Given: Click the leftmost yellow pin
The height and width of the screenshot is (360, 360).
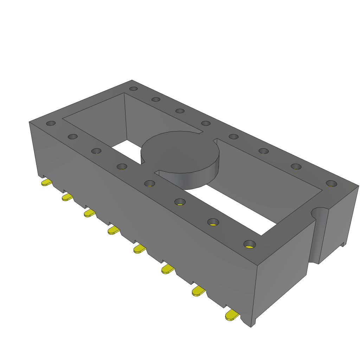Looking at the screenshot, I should [46, 182].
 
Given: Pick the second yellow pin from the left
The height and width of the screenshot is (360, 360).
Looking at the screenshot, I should [67, 197].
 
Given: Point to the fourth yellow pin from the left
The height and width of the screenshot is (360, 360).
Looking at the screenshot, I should [114, 230].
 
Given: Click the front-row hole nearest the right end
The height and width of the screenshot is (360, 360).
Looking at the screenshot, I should [250, 244].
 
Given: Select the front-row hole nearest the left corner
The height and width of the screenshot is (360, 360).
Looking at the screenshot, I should [51, 123].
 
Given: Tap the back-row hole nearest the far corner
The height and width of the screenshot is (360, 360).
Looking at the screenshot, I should [133, 89].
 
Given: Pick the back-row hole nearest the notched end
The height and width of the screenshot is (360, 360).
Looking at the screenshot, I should [331, 184].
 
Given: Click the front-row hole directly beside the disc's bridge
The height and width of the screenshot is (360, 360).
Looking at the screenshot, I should [150, 183].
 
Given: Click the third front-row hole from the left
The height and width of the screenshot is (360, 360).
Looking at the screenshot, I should [96, 151].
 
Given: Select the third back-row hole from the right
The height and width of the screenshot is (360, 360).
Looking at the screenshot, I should [264, 151].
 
